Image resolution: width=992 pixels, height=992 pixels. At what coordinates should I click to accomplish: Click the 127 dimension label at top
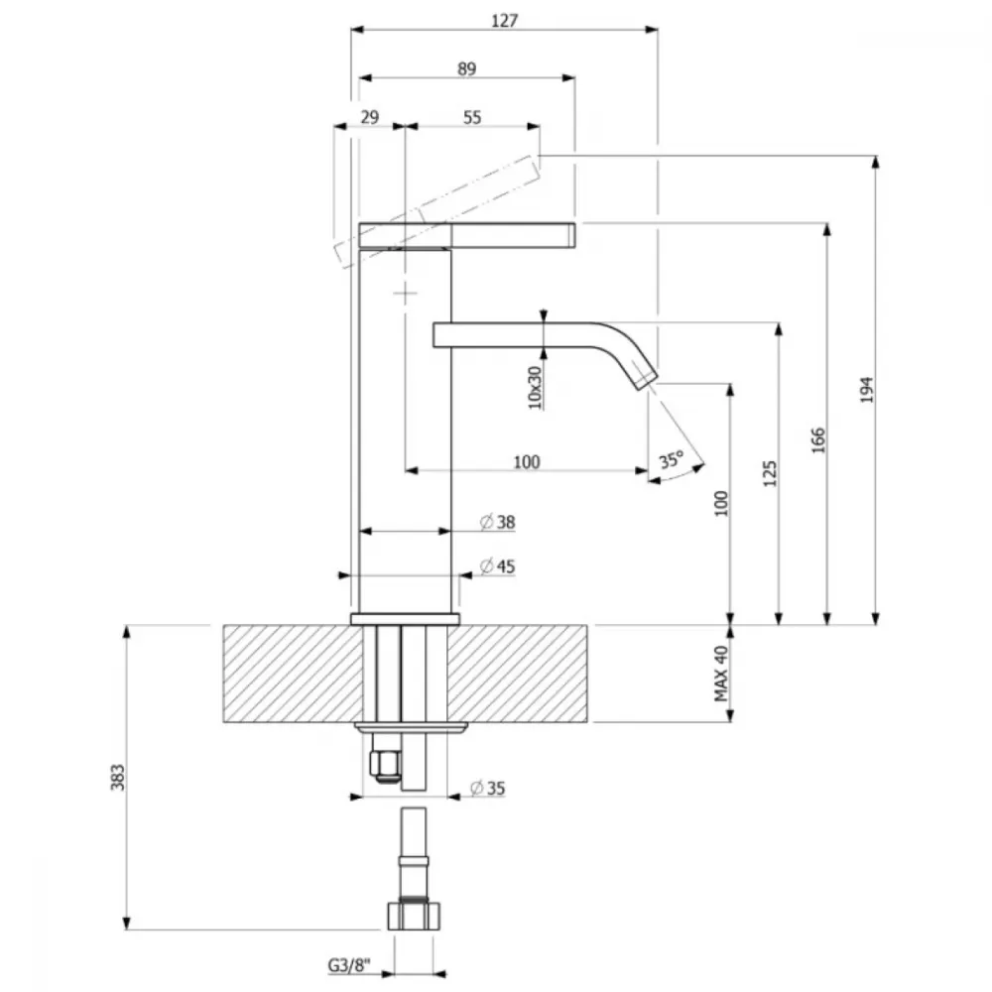click(504, 21)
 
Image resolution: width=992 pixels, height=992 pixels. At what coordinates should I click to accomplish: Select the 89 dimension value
click(466, 69)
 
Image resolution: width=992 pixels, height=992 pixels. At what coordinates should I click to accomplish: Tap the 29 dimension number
click(369, 117)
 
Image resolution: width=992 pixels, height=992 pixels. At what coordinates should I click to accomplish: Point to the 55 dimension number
click(472, 117)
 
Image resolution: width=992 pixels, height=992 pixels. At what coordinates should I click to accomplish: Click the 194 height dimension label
click(867, 390)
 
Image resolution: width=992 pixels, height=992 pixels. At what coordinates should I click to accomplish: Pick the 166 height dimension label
click(818, 440)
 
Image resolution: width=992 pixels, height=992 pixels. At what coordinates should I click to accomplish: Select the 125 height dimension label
click(770, 473)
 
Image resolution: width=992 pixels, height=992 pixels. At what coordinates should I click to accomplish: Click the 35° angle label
click(672, 459)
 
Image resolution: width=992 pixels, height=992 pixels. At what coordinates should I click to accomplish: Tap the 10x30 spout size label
click(536, 388)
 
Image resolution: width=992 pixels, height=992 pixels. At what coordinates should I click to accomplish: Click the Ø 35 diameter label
click(488, 789)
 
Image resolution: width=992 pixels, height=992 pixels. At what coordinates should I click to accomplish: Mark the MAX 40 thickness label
click(721, 674)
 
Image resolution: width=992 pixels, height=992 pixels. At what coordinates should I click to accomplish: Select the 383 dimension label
click(118, 778)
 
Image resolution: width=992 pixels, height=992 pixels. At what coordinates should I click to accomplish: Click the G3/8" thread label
click(349, 965)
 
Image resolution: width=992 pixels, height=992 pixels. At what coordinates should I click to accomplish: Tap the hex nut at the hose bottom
click(414, 916)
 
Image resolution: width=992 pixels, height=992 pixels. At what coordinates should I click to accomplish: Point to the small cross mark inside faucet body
click(405, 293)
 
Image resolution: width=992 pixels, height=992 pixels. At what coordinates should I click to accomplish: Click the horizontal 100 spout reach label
click(527, 462)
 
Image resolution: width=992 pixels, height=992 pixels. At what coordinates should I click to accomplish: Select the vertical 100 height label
click(722, 504)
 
